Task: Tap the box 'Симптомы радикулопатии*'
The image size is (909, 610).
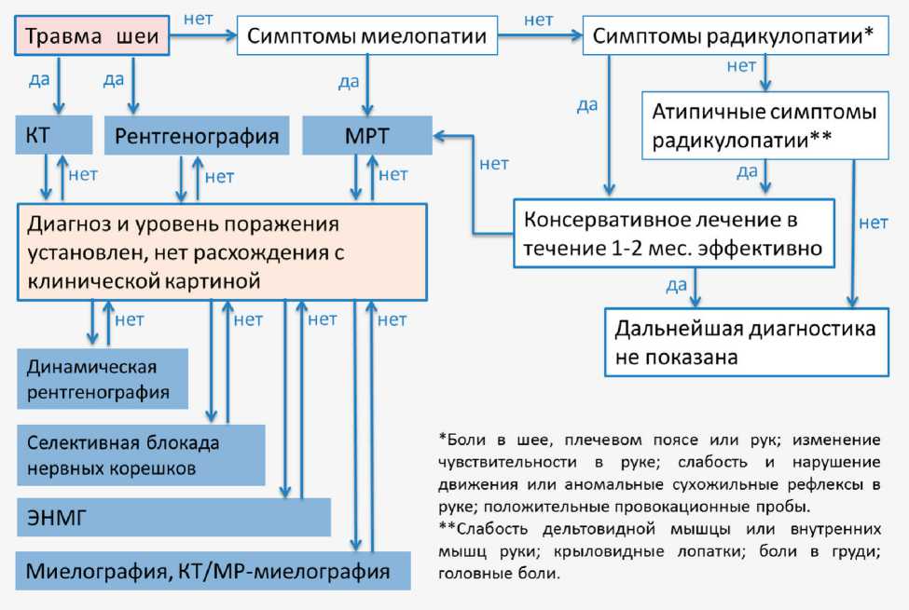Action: point(733,37)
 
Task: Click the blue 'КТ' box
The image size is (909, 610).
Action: point(54,136)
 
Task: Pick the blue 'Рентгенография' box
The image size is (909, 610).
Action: point(197,136)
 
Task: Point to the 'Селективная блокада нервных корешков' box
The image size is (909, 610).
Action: point(141,454)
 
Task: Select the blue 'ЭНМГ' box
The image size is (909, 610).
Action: point(173,518)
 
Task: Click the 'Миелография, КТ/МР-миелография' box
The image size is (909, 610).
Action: point(213,570)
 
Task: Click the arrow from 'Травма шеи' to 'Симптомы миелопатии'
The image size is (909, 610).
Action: point(202,36)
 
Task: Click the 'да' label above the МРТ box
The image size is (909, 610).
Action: point(349,82)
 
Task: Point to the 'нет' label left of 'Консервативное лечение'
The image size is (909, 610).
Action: point(494,164)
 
